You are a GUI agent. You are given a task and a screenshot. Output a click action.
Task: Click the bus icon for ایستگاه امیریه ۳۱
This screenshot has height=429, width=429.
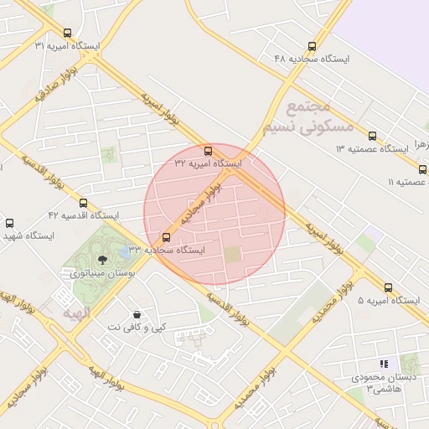click(x=68, y=33)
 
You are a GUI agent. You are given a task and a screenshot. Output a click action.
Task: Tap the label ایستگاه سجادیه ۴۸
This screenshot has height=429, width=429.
click(x=312, y=59)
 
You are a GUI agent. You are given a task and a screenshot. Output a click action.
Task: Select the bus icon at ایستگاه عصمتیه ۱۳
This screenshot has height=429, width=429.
click(x=372, y=135)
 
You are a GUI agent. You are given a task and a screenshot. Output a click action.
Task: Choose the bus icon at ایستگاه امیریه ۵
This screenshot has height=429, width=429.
click(x=389, y=287)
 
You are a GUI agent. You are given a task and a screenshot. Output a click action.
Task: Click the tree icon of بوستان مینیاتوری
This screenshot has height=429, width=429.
click(x=102, y=260)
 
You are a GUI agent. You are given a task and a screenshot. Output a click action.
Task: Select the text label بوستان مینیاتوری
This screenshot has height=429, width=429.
click(x=96, y=273)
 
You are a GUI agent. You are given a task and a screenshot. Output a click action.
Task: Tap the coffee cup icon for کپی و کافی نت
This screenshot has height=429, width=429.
click(x=137, y=314)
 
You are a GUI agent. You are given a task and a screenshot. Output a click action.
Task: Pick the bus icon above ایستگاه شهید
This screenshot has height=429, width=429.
click(x=9, y=224)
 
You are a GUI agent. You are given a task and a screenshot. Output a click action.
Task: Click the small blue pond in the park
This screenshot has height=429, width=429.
click(x=127, y=251)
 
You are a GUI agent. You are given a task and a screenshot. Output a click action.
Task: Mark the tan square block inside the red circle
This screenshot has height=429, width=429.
click(x=232, y=254)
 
